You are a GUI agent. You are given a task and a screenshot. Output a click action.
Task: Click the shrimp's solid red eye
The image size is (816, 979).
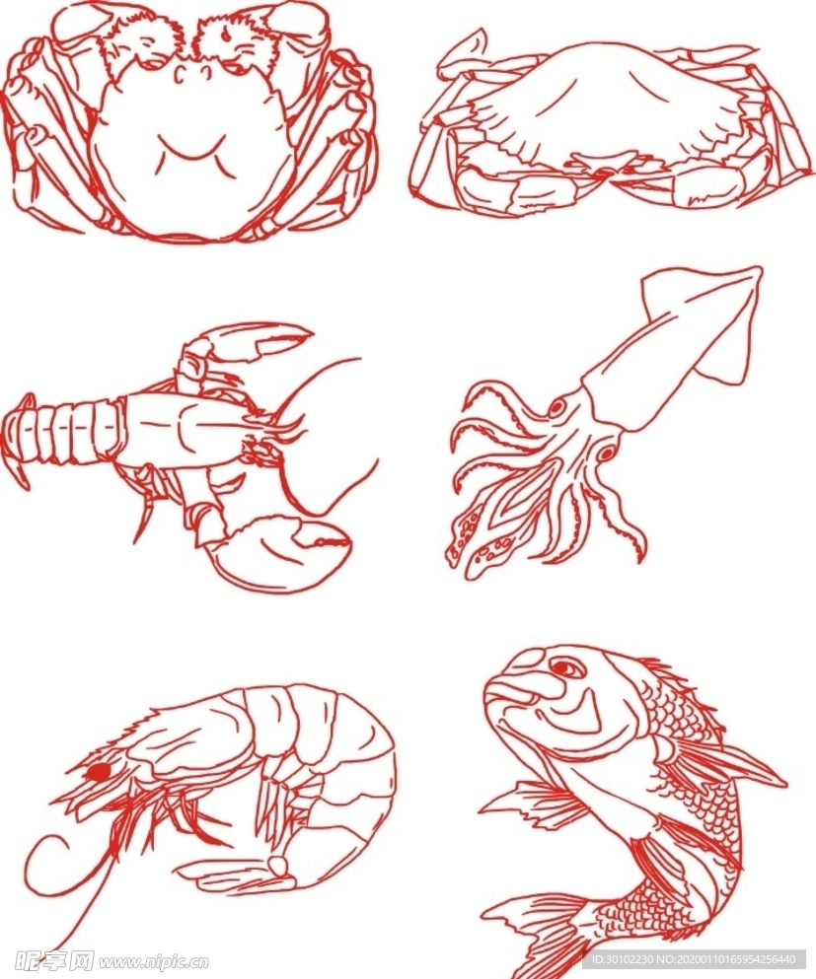pos(97,774)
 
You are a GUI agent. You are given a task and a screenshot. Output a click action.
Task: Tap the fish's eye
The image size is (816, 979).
pos(566,668)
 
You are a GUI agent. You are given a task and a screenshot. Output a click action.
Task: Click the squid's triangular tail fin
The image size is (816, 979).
pos(706,319)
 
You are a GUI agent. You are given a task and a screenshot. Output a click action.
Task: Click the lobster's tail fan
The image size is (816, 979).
pos(19,440)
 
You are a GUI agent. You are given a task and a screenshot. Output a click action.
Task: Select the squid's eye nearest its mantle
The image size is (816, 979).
pos(557,408)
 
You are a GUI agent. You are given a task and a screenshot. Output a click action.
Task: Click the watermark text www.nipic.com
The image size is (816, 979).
pos(154,961)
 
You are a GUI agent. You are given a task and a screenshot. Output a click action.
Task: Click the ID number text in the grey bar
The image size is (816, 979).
pos(695,959)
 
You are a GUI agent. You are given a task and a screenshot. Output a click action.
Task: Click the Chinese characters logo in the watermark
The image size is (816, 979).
pos(53,960)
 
